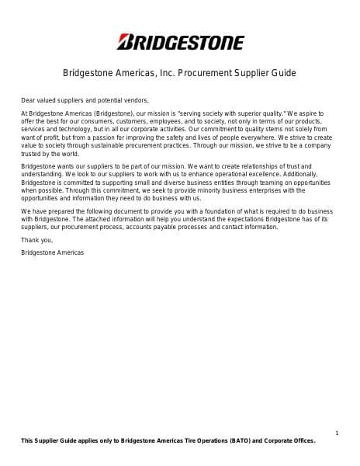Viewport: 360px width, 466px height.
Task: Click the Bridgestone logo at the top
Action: point(180,42)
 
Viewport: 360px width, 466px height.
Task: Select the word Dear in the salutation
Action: point(29,100)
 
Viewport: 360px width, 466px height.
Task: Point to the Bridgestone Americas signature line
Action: point(53,252)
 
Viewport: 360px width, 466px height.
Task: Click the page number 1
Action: point(336,432)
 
